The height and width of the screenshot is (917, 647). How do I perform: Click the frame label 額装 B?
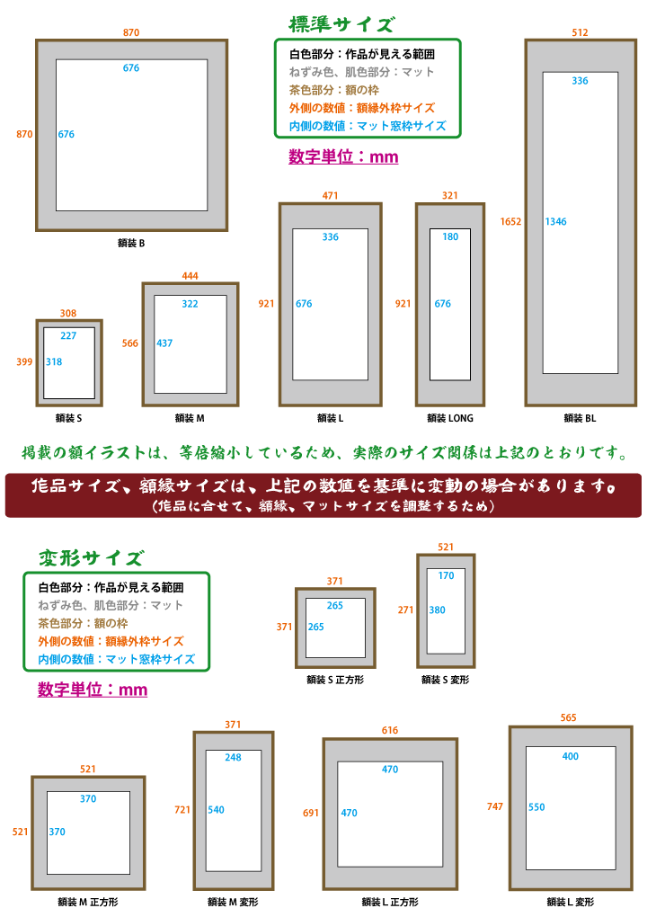(x=131, y=243)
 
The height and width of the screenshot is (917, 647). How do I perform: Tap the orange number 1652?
(x=510, y=221)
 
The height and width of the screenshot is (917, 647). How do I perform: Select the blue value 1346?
(x=556, y=221)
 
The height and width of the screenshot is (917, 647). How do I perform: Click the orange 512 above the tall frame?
(x=580, y=32)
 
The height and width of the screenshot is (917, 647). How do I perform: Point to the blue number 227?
(x=68, y=335)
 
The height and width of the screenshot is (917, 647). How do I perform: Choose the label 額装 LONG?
(x=450, y=418)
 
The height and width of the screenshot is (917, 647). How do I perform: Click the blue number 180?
(x=450, y=236)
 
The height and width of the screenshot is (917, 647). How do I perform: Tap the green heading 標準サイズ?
(x=341, y=24)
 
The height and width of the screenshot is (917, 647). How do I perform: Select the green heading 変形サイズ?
(x=90, y=558)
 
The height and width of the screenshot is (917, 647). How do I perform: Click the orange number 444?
(x=190, y=275)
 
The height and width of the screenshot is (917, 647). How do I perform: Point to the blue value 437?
(x=164, y=343)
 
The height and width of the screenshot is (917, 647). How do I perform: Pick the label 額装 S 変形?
(x=445, y=680)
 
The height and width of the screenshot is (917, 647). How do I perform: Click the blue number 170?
(x=446, y=575)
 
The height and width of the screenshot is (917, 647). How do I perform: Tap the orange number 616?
(x=389, y=731)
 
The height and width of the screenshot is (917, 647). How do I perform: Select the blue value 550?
(x=536, y=807)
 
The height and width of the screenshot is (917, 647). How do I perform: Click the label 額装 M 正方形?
(x=87, y=901)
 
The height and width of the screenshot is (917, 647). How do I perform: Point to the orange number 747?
(x=495, y=806)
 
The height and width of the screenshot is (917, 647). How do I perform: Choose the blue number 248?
(x=233, y=757)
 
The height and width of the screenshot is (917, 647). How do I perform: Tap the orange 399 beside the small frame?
(x=24, y=361)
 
